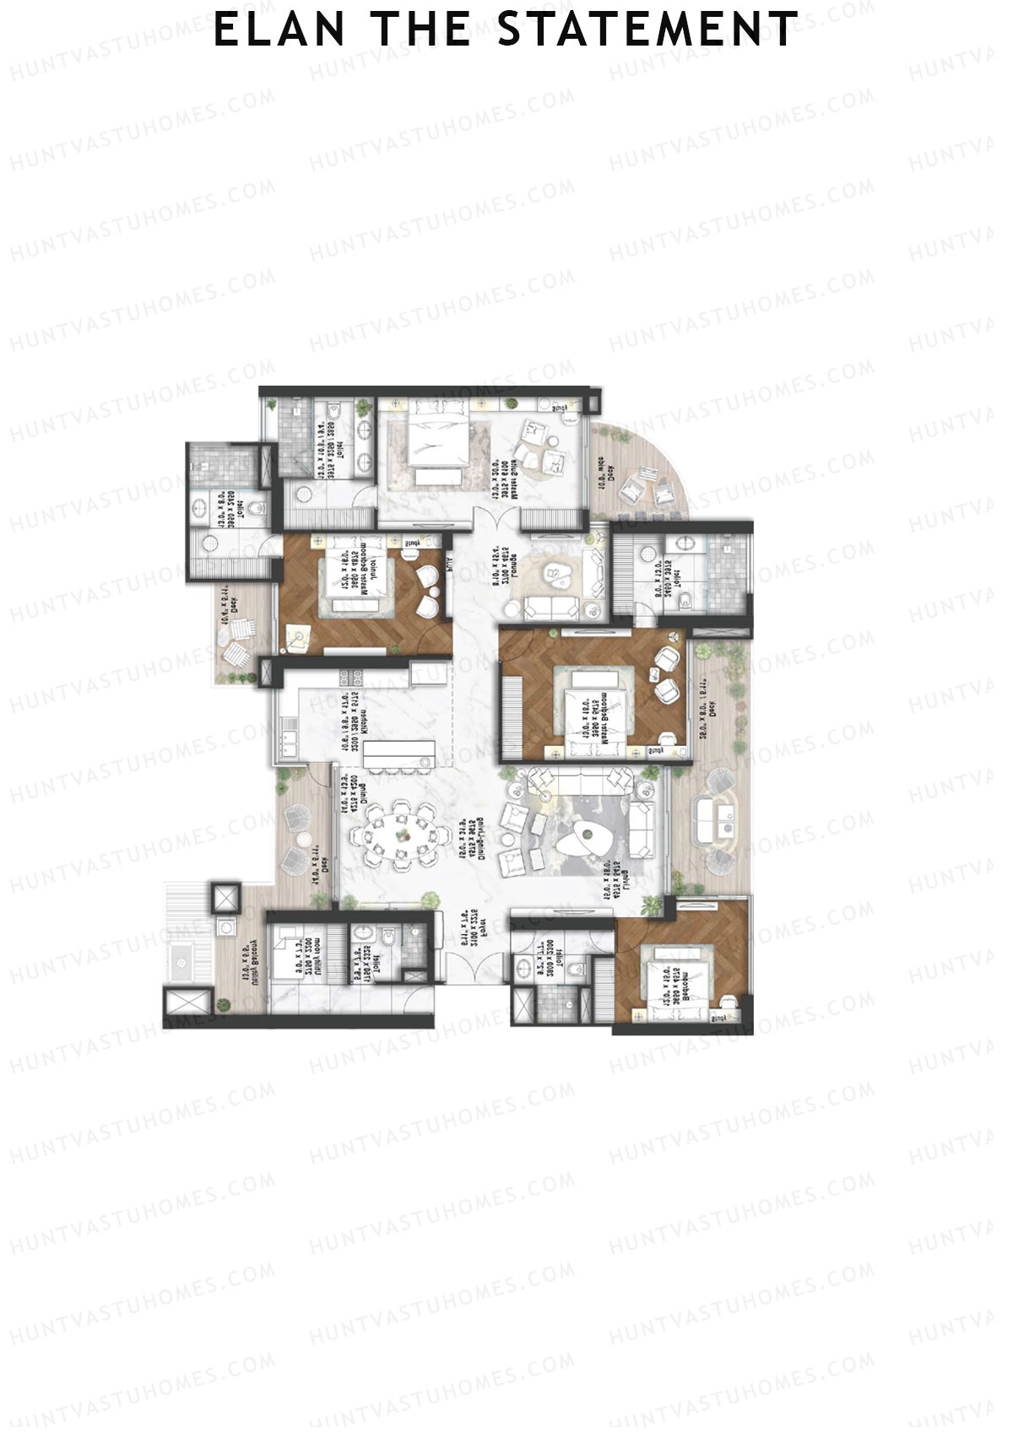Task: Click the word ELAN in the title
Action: (x=279, y=30)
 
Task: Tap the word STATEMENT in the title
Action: (x=647, y=30)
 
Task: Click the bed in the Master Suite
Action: (x=440, y=444)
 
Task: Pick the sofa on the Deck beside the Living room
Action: (x=712, y=819)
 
